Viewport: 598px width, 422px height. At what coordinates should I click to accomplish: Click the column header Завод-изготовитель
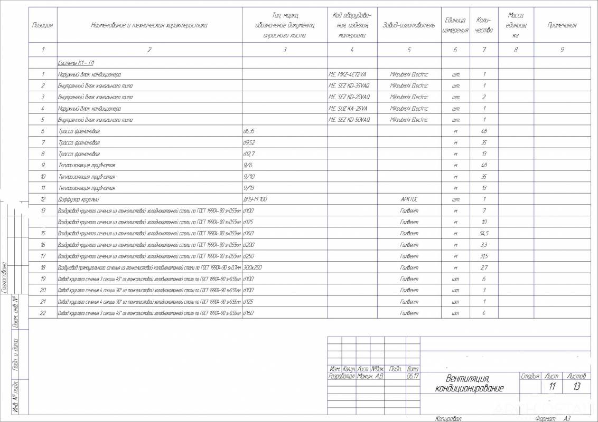pos(409,25)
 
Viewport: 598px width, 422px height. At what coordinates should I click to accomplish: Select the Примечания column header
pos(562,25)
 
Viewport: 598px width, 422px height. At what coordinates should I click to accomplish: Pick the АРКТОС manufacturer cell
pos(409,199)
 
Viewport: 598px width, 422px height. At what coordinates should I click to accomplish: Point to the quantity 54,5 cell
pos(484,233)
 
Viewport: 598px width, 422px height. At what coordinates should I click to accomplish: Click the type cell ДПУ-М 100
pos(256,199)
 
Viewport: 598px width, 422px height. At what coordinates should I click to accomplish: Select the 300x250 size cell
pos(253,267)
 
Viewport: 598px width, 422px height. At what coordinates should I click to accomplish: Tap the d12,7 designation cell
pos(249,154)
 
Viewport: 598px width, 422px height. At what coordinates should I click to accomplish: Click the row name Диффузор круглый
pos(79,199)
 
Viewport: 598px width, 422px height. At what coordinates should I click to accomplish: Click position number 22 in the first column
pos(43,313)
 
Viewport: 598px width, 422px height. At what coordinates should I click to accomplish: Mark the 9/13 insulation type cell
pos(249,188)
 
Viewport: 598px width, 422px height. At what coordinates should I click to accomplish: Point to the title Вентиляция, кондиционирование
pos(469,383)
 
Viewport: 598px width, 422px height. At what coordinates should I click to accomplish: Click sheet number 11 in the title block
pos(553,387)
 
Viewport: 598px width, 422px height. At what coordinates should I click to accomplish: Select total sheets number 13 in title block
pos(576,387)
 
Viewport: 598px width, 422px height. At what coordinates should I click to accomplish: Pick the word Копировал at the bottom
pos(448,418)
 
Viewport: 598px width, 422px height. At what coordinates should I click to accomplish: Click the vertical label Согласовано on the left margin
pos(4,277)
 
